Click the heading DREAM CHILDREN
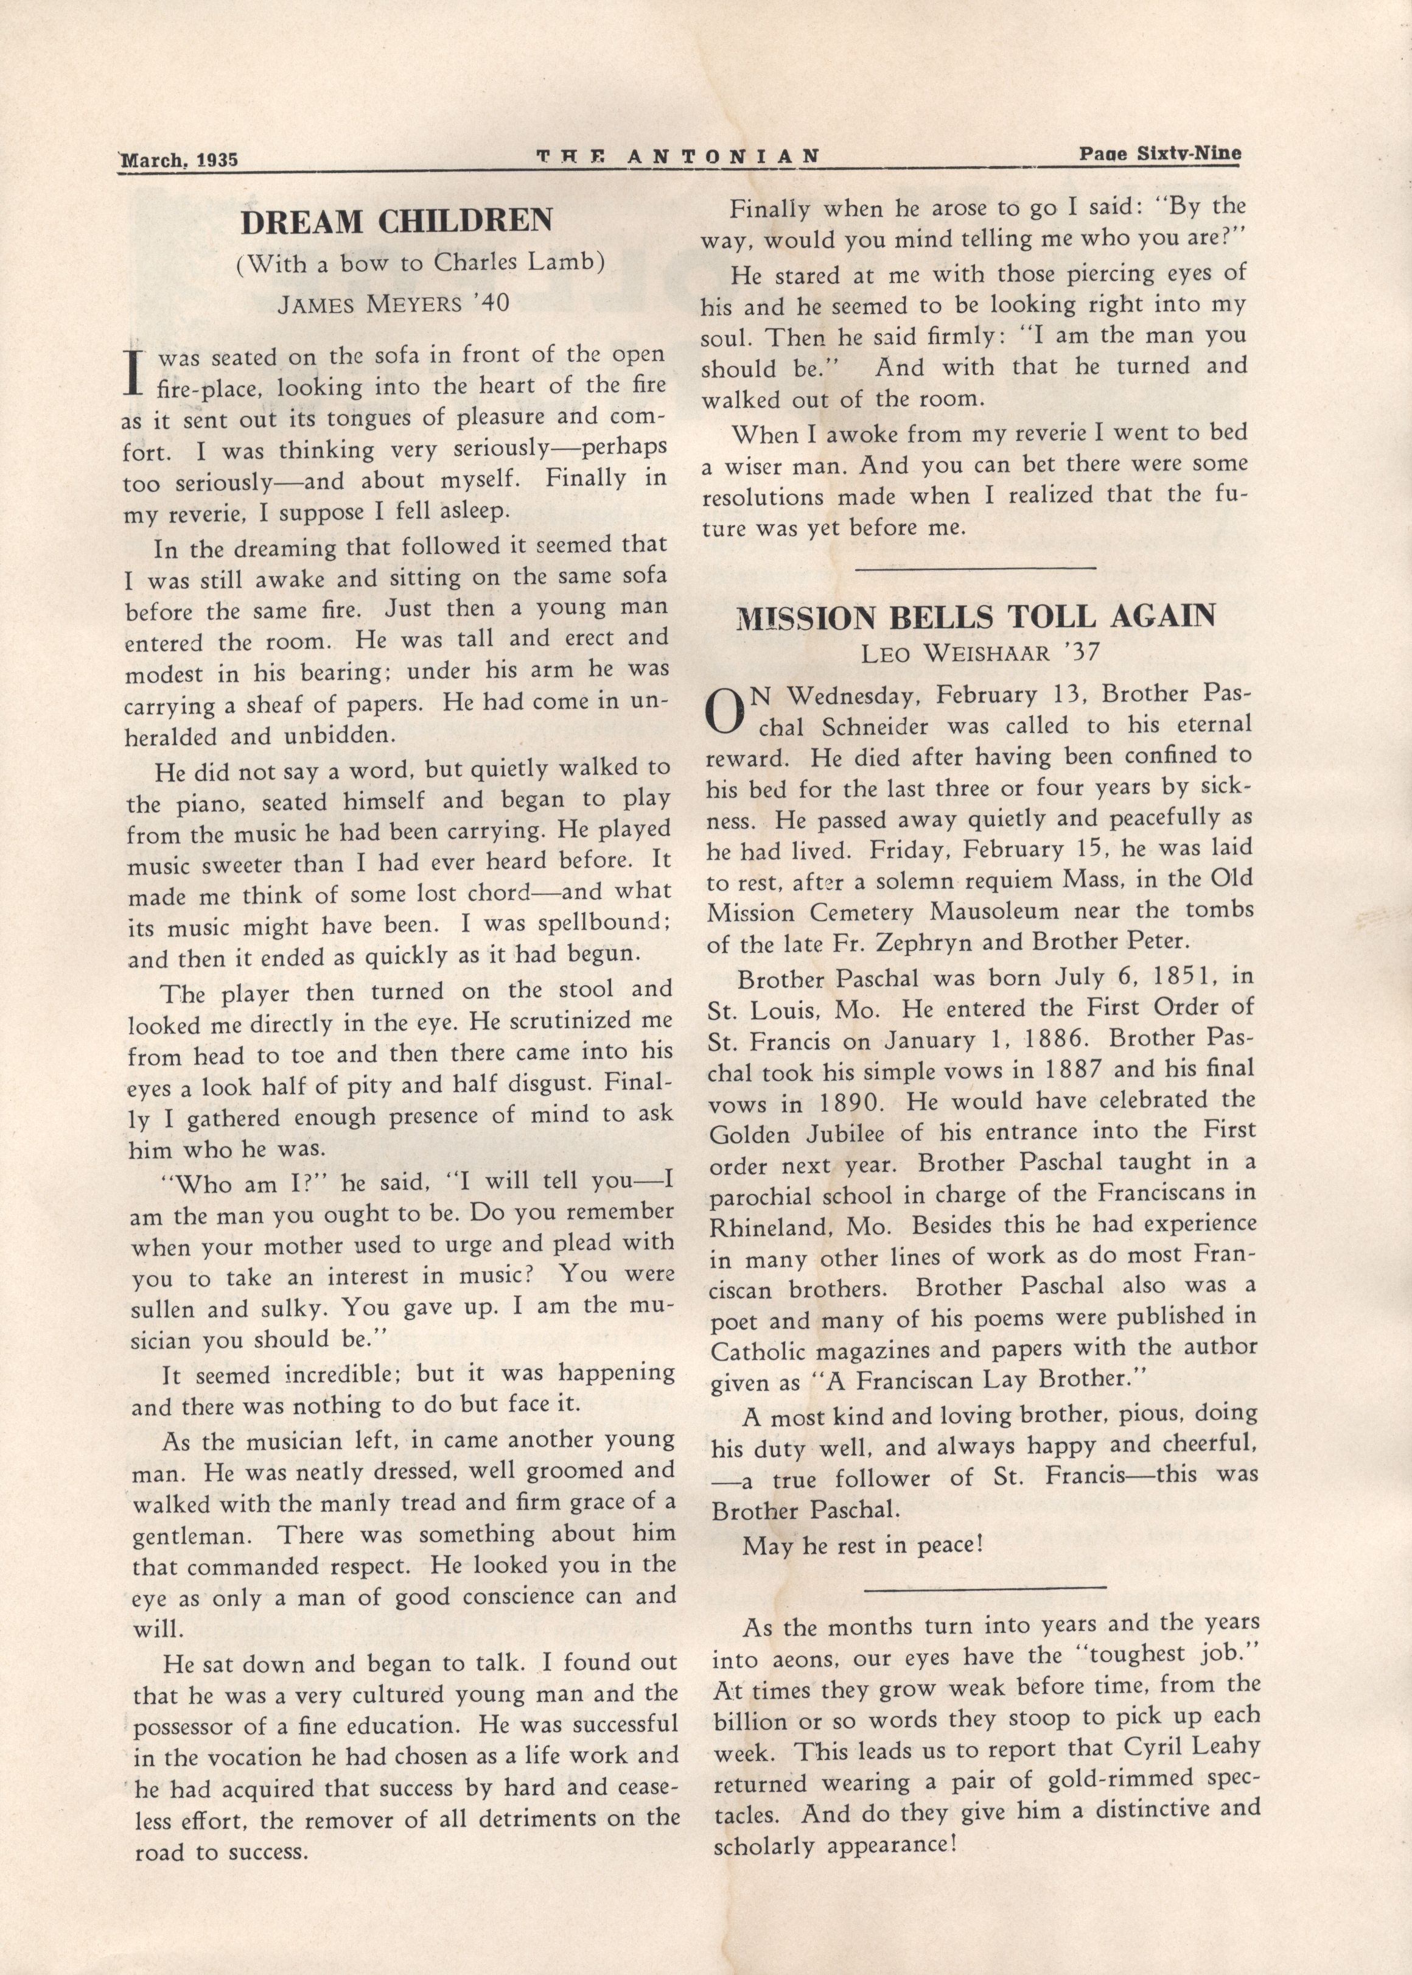point(396,221)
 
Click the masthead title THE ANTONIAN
point(677,156)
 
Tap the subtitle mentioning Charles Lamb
point(420,264)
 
